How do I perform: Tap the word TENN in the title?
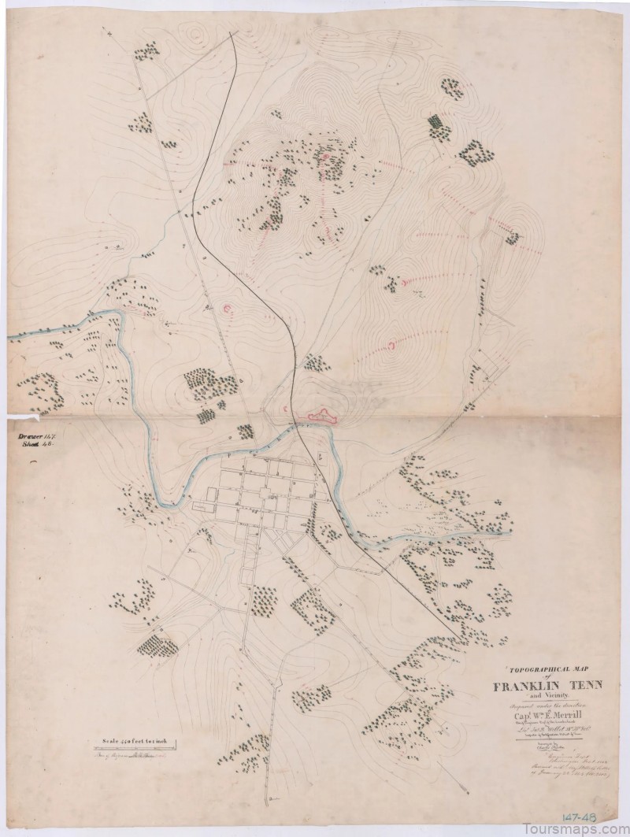587,685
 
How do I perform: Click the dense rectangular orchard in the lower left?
158,646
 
